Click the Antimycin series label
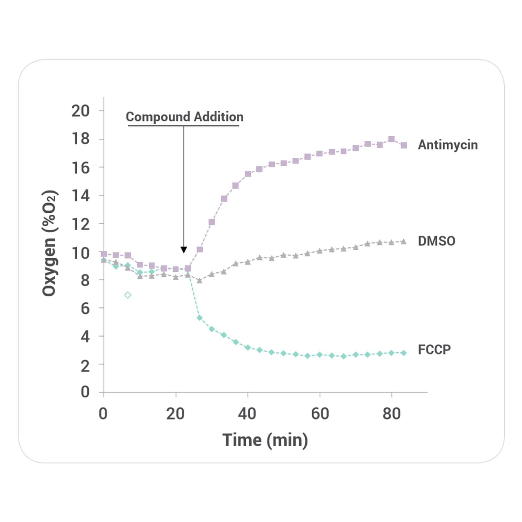(x=448, y=145)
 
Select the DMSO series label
(x=436, y=241)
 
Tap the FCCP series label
(x=434, y=349)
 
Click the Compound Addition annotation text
(x=185, y=117)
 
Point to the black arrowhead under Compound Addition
(x=184, y=250)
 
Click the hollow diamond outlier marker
(x=128, y=295)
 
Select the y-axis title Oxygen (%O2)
(x=50, y=243)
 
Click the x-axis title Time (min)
(x=265, y=440)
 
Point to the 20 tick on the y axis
(x=80, y=111)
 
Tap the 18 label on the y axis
(x=80, y=139)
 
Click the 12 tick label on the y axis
(x=80, y=224)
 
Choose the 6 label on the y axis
(x=85, y=308)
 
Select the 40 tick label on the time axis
(x=247, y=414)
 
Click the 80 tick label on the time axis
(x=391, y=414)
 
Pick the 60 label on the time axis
(x=320, y=414)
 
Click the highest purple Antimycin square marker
(x=391, y=139)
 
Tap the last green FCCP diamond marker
(x=404, y=353)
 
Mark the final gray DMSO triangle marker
(x=404, y=242)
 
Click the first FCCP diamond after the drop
(x=200, y=318)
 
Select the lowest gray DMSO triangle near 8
(x=200, y=281)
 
